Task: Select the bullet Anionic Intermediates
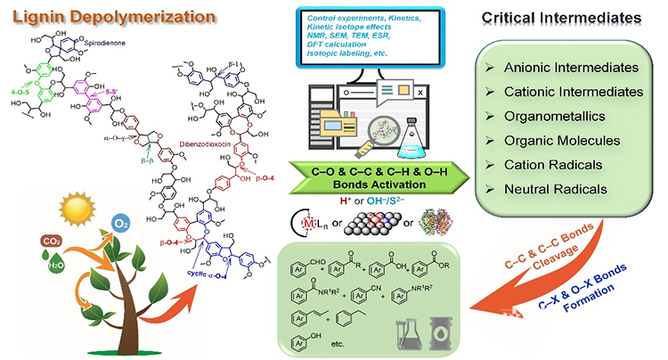573,67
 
